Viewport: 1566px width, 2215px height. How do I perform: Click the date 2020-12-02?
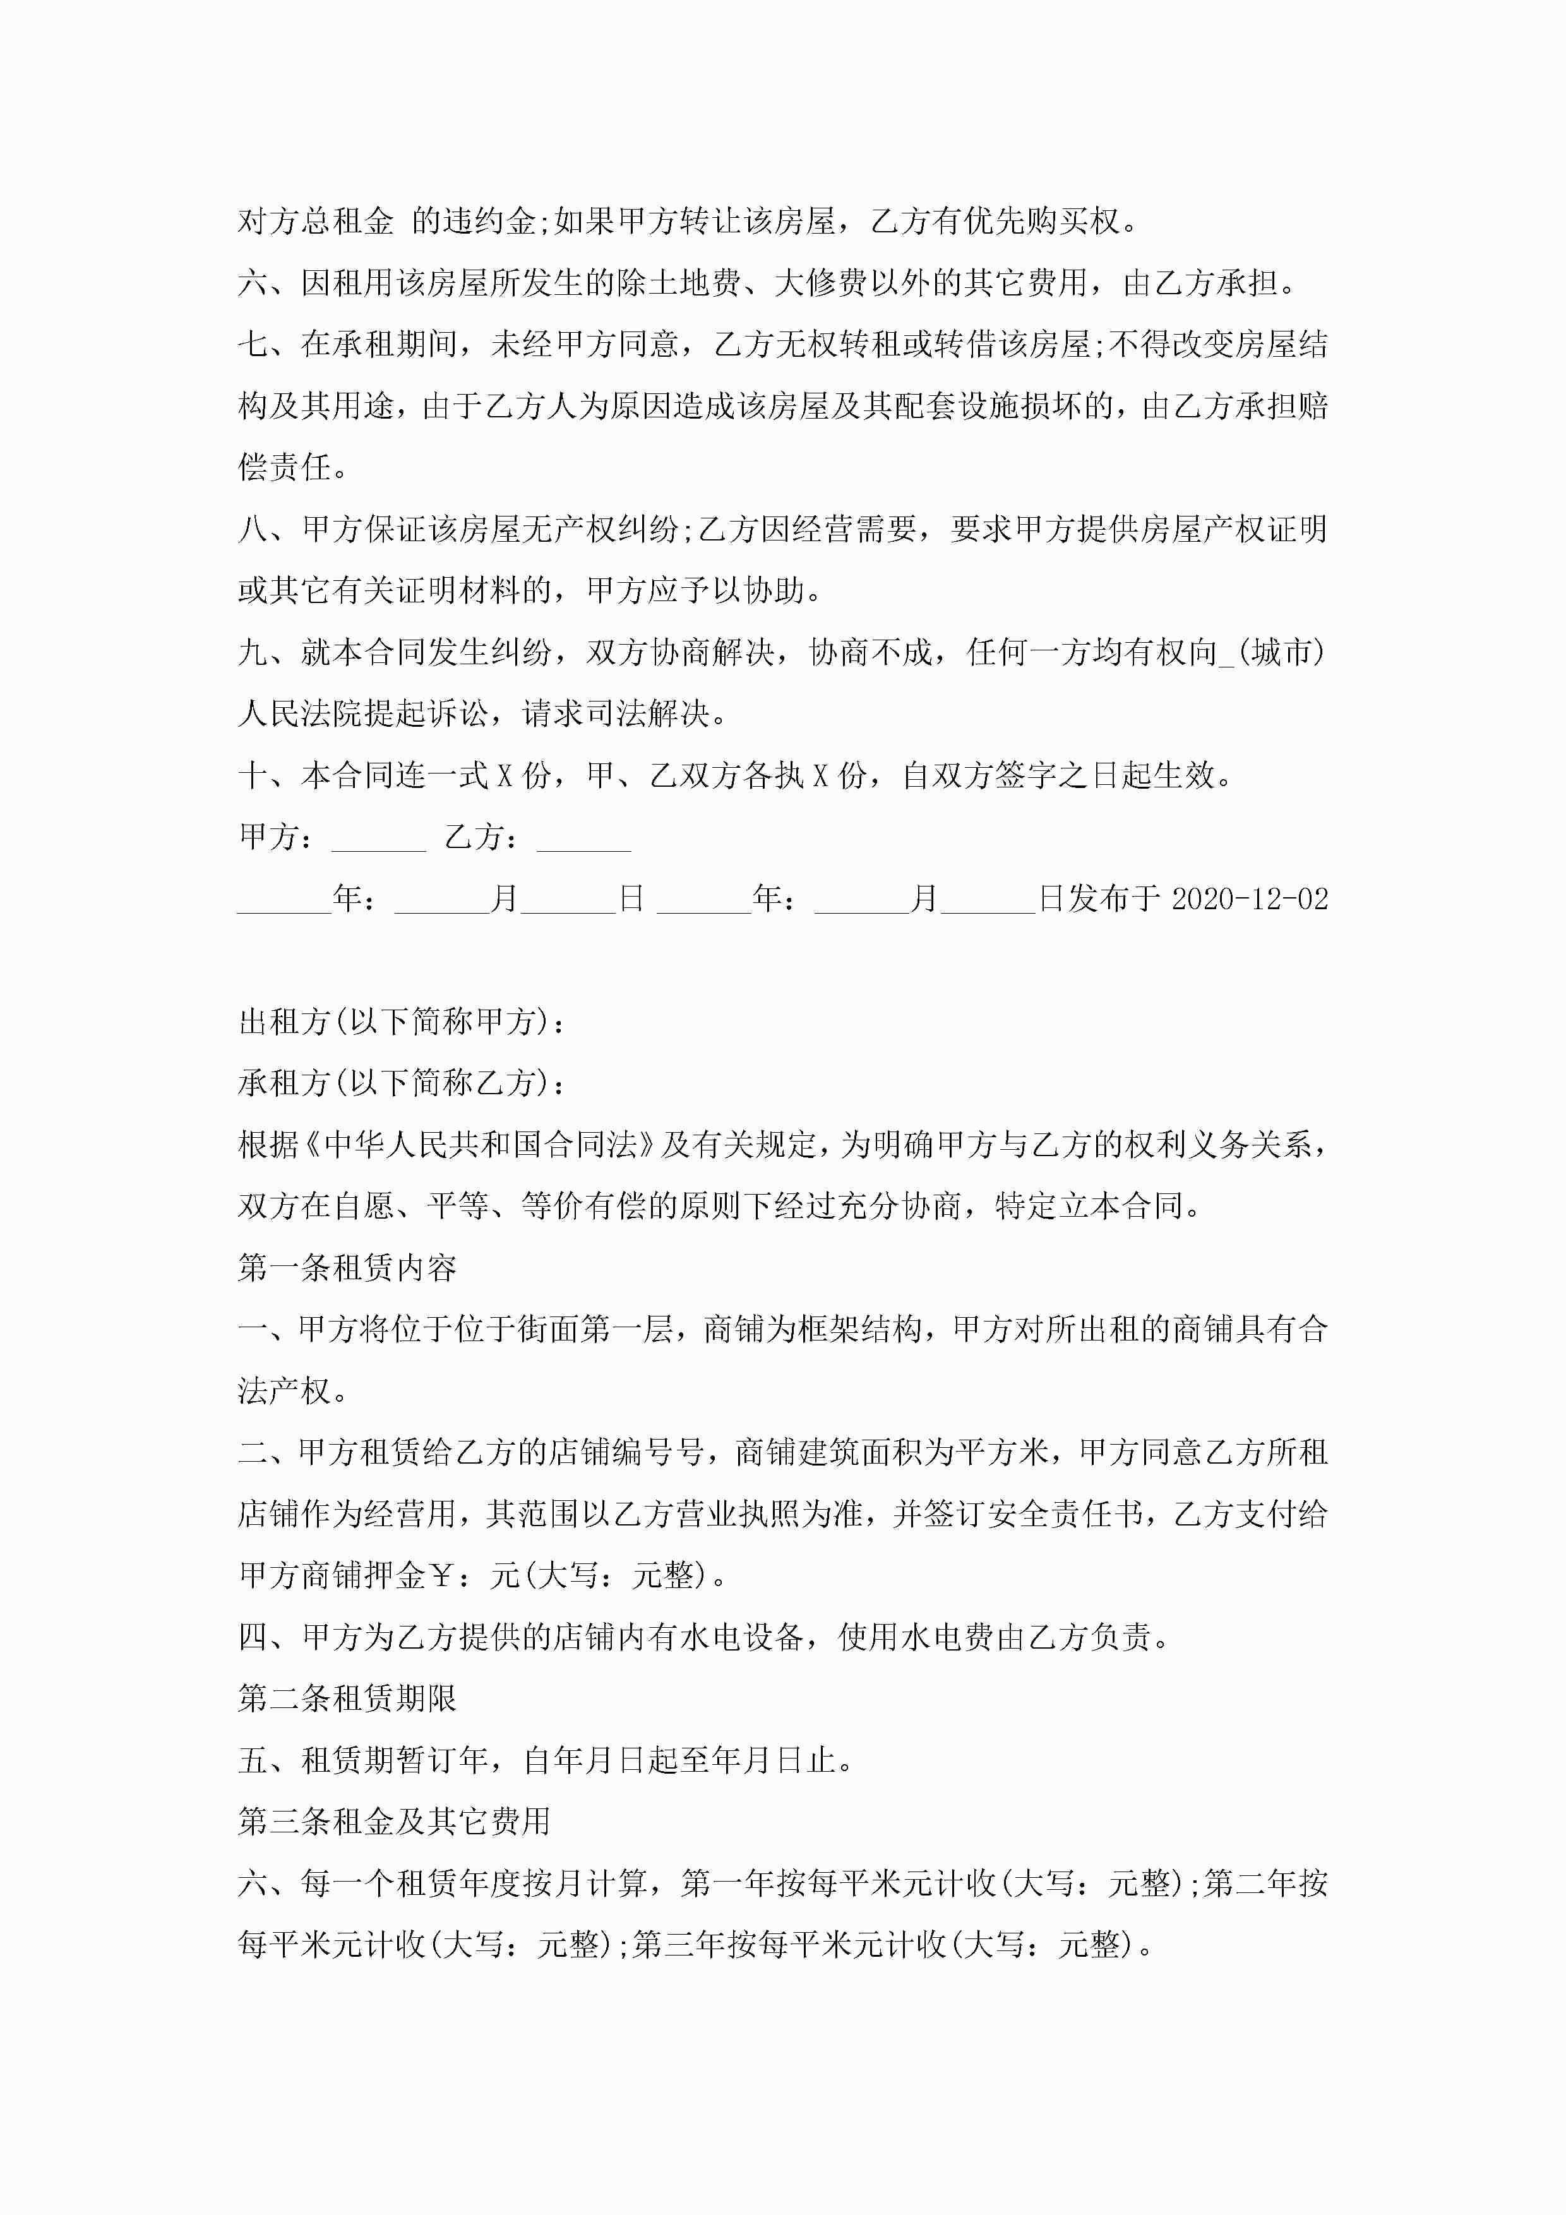[x=1250, y=899]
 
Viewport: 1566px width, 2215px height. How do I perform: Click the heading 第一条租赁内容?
[x=347, y=1268]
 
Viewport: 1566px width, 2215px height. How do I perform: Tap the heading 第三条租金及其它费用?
[x=393, y=1822]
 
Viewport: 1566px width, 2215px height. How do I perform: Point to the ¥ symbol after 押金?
[x=441, y=1575]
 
